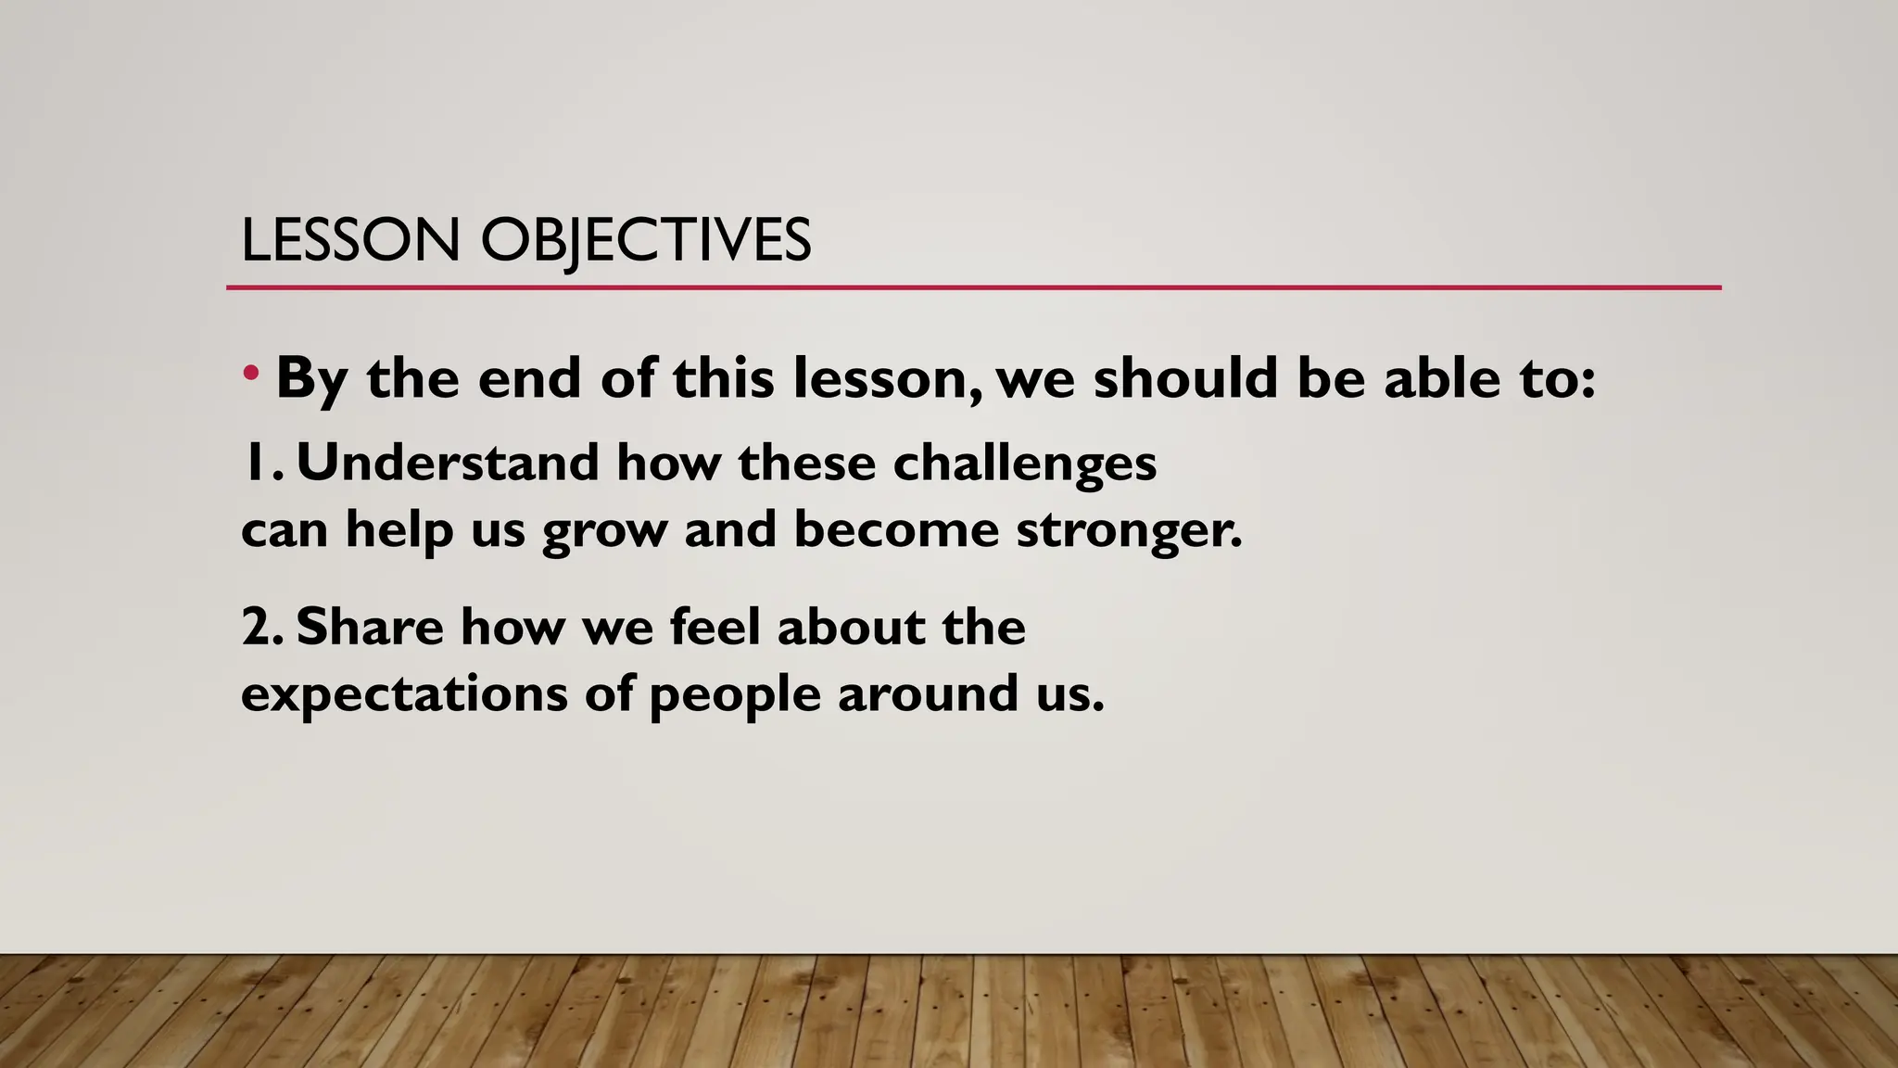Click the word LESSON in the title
pos(350,240)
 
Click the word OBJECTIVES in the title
pos(646,240)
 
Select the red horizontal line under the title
pos(973,288)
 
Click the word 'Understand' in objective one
pos(447,463)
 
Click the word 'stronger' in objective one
pos(1128,531)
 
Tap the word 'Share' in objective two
pos(370,627)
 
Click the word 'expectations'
pos(404,695)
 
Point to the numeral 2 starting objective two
pos(257,628)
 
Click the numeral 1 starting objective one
pos(252,463)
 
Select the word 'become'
pos(896,530)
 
